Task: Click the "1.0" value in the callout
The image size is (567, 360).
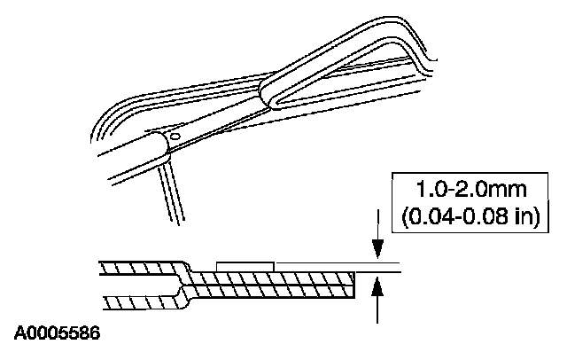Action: pos(431,189)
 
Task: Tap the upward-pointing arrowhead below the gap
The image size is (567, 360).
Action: pos(378,285)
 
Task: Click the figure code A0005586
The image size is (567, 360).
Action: pos(57,334)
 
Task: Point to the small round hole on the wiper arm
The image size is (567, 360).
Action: pos(175,137)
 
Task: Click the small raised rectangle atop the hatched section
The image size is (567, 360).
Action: pos(245,264)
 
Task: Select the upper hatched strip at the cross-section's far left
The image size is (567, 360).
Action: pos(133,268)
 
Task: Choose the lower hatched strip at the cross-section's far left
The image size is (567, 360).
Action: pos(133,301)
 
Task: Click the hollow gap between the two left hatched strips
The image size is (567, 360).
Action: pos(133,284)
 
